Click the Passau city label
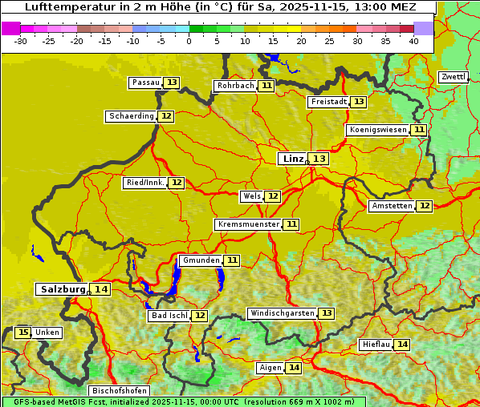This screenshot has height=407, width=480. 145,83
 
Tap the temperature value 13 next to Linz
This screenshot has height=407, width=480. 319,159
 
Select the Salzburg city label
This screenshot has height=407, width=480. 63,289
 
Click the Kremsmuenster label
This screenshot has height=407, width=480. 248,224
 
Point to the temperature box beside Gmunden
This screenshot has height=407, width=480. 232,260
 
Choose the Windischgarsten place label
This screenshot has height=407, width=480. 281,313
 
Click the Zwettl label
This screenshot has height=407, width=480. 453,77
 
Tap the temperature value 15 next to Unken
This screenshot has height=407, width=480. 23,332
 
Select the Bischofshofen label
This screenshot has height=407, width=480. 119,391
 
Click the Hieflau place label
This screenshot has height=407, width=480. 376,345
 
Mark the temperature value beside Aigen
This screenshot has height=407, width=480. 294,368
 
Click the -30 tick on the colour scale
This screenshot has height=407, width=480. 21,41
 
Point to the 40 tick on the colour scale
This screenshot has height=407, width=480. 413,41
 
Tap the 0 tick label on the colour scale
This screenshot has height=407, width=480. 189,41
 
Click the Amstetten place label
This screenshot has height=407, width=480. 392,206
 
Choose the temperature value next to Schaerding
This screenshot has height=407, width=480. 166,116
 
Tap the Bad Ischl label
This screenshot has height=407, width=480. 169,316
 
